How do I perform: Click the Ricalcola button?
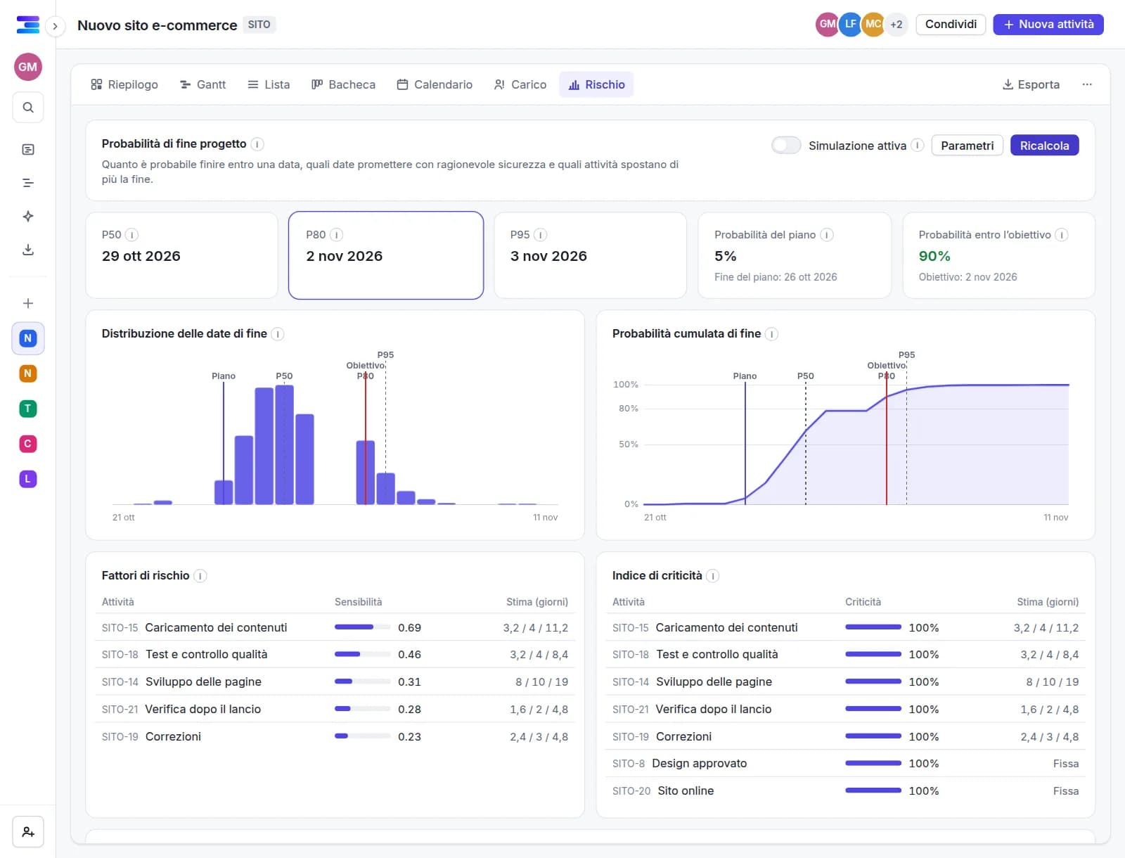pos(1044,146)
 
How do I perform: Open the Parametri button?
pos(967,146)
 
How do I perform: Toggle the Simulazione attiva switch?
pos(785,146)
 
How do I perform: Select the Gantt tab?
pos(202,84)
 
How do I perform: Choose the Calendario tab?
pos(435,84)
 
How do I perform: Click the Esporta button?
pos(1031,84)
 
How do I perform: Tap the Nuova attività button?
pos(1048,25)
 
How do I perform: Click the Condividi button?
pos(950,25)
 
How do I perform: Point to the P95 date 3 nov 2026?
pos(548,256)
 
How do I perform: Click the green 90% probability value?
pos(934,256)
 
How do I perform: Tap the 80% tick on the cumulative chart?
pos(629,409)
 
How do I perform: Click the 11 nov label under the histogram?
pos(546,517)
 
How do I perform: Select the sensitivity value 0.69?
pos(409,627)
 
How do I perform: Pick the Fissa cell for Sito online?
pos(1065,791)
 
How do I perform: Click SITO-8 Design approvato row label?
pos(679,763)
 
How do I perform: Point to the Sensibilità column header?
pos(359,602)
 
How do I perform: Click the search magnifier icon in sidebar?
pos(28,108)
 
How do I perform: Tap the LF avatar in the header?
pos(850,25)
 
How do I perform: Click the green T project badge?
pos(28,409)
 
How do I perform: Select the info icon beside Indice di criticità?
pos(712,575)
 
